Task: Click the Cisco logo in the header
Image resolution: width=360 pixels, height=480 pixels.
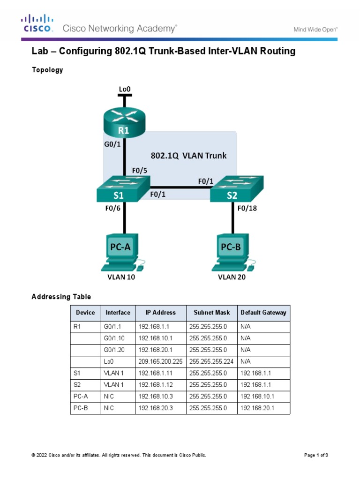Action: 36,23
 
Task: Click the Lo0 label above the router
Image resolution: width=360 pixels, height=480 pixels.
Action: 125,88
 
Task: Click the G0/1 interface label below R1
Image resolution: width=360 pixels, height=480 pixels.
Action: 112,144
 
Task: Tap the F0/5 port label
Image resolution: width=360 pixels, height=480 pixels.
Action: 139,172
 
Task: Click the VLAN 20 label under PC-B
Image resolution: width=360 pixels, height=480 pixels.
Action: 232,277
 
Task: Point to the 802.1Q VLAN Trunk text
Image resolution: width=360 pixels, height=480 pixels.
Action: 188,156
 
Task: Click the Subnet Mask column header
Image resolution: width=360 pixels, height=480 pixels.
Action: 211,313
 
